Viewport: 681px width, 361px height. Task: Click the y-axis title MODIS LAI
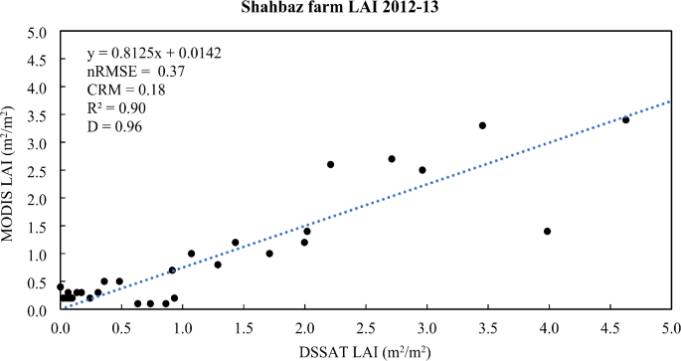click(13, 171)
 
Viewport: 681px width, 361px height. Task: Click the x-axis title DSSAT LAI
click(366, 349)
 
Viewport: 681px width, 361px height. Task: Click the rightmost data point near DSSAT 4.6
click(625, 119)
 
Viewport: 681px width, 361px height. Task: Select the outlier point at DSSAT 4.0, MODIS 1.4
click(548, 231)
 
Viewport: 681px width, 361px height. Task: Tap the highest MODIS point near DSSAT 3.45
click(482, 125)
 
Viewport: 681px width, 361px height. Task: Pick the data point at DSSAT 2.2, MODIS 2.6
click(330, 164)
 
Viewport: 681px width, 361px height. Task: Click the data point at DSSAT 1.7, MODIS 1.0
click(269, 254)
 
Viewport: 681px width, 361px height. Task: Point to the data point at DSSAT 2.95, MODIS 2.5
click(423, 170)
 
